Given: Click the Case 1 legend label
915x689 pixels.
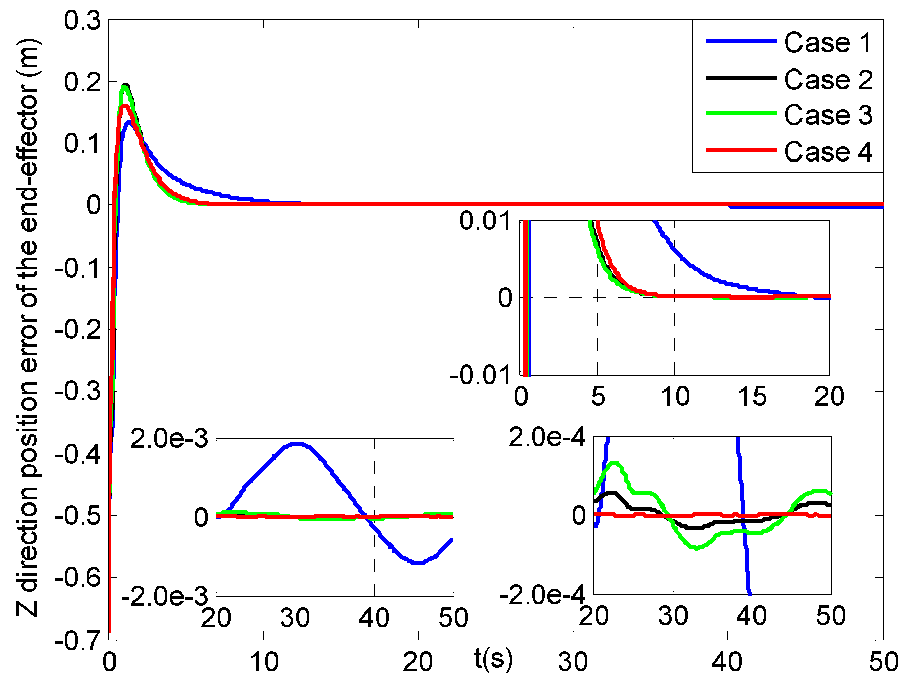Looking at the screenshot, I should click(x=828, y=42).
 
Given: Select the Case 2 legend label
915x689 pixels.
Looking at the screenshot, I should click(x=828, y=80).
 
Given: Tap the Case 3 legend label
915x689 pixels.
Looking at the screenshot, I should click(x=828, y=115).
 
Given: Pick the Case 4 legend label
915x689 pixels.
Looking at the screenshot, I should click(x=828, y=152).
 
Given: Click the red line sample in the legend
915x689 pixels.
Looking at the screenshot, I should click(x=741, y=151).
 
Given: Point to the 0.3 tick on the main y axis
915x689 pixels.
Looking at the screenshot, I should click(x=82, y=21).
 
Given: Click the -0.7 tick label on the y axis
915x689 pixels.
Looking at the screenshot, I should click(x=77, y=641).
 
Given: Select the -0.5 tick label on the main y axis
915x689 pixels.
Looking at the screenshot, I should click(x=77, y=516).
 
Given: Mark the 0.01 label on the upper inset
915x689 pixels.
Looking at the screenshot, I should click(x=485, y=221).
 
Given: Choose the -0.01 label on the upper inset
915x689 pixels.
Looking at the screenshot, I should click(x=481, y=375).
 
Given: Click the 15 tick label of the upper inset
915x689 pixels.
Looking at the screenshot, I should click(x=752, y=397).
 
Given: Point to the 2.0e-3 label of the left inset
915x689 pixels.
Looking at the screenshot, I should click(x=169, y=439).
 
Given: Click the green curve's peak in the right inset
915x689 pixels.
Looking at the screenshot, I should click(x=615, y=463).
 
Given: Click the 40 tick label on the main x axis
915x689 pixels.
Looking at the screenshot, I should click(x=727, y=662).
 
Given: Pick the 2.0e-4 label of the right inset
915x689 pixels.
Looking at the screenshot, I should click(x=546, y=438).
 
